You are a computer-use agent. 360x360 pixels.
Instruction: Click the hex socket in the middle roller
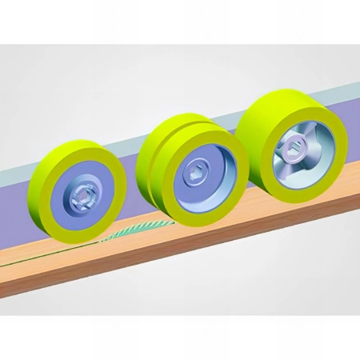[196, 170]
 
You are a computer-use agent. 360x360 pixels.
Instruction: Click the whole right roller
[292, 147]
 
